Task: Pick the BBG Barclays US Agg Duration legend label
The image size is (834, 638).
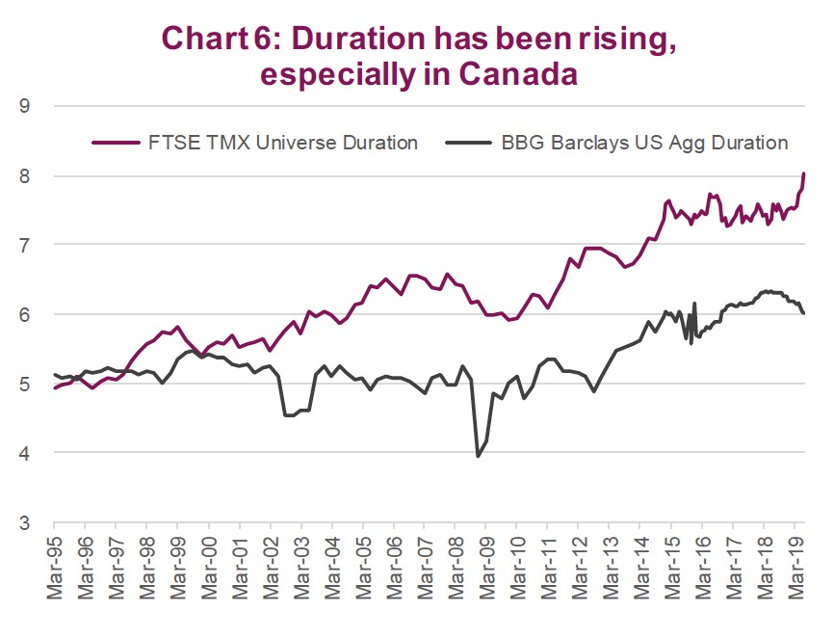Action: pyautogui.click(x=644, y=143)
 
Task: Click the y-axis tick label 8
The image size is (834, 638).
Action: pyautogui.click(x=23, y=176)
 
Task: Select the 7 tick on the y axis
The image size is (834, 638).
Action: pyautogui.click(x=23, y=246)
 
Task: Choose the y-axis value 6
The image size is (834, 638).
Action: pyautogui.click(x=23, y=315)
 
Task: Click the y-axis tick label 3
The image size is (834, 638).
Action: pyautogui.click(x=23, y=523)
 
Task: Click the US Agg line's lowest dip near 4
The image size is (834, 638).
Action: pyautogui.click(x=478, y=456)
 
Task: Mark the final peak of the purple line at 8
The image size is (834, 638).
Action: pyautogui.click(x=803, y=174)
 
